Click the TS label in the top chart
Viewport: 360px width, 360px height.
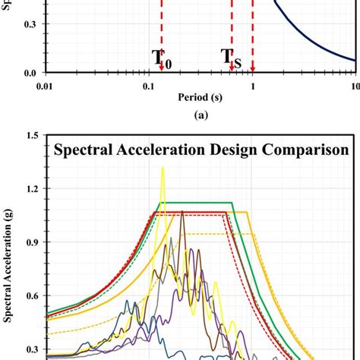click(x=232, y=58)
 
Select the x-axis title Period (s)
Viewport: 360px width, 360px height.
click(x=201, y=98)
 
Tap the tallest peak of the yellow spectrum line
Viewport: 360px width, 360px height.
click(x=163, y=169)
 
